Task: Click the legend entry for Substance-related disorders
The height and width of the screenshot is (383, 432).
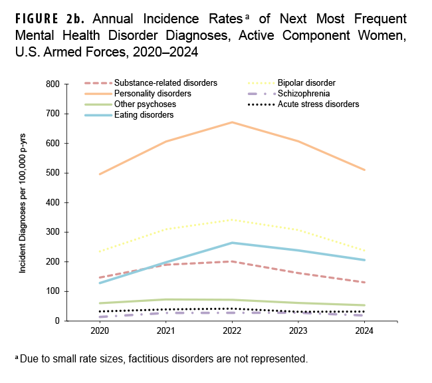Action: click(165, 83)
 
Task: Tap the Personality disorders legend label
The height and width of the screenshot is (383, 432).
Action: click(152, 94)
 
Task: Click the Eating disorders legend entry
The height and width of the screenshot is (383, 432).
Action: click(144, 115)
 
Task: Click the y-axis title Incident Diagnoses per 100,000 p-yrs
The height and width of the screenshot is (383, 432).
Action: click(23, 203)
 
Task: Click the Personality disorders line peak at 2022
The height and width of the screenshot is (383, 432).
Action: click(231, 122)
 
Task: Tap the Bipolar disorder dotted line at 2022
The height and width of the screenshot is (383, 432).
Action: click(231, 219)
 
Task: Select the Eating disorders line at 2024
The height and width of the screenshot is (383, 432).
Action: click(365, 260)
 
